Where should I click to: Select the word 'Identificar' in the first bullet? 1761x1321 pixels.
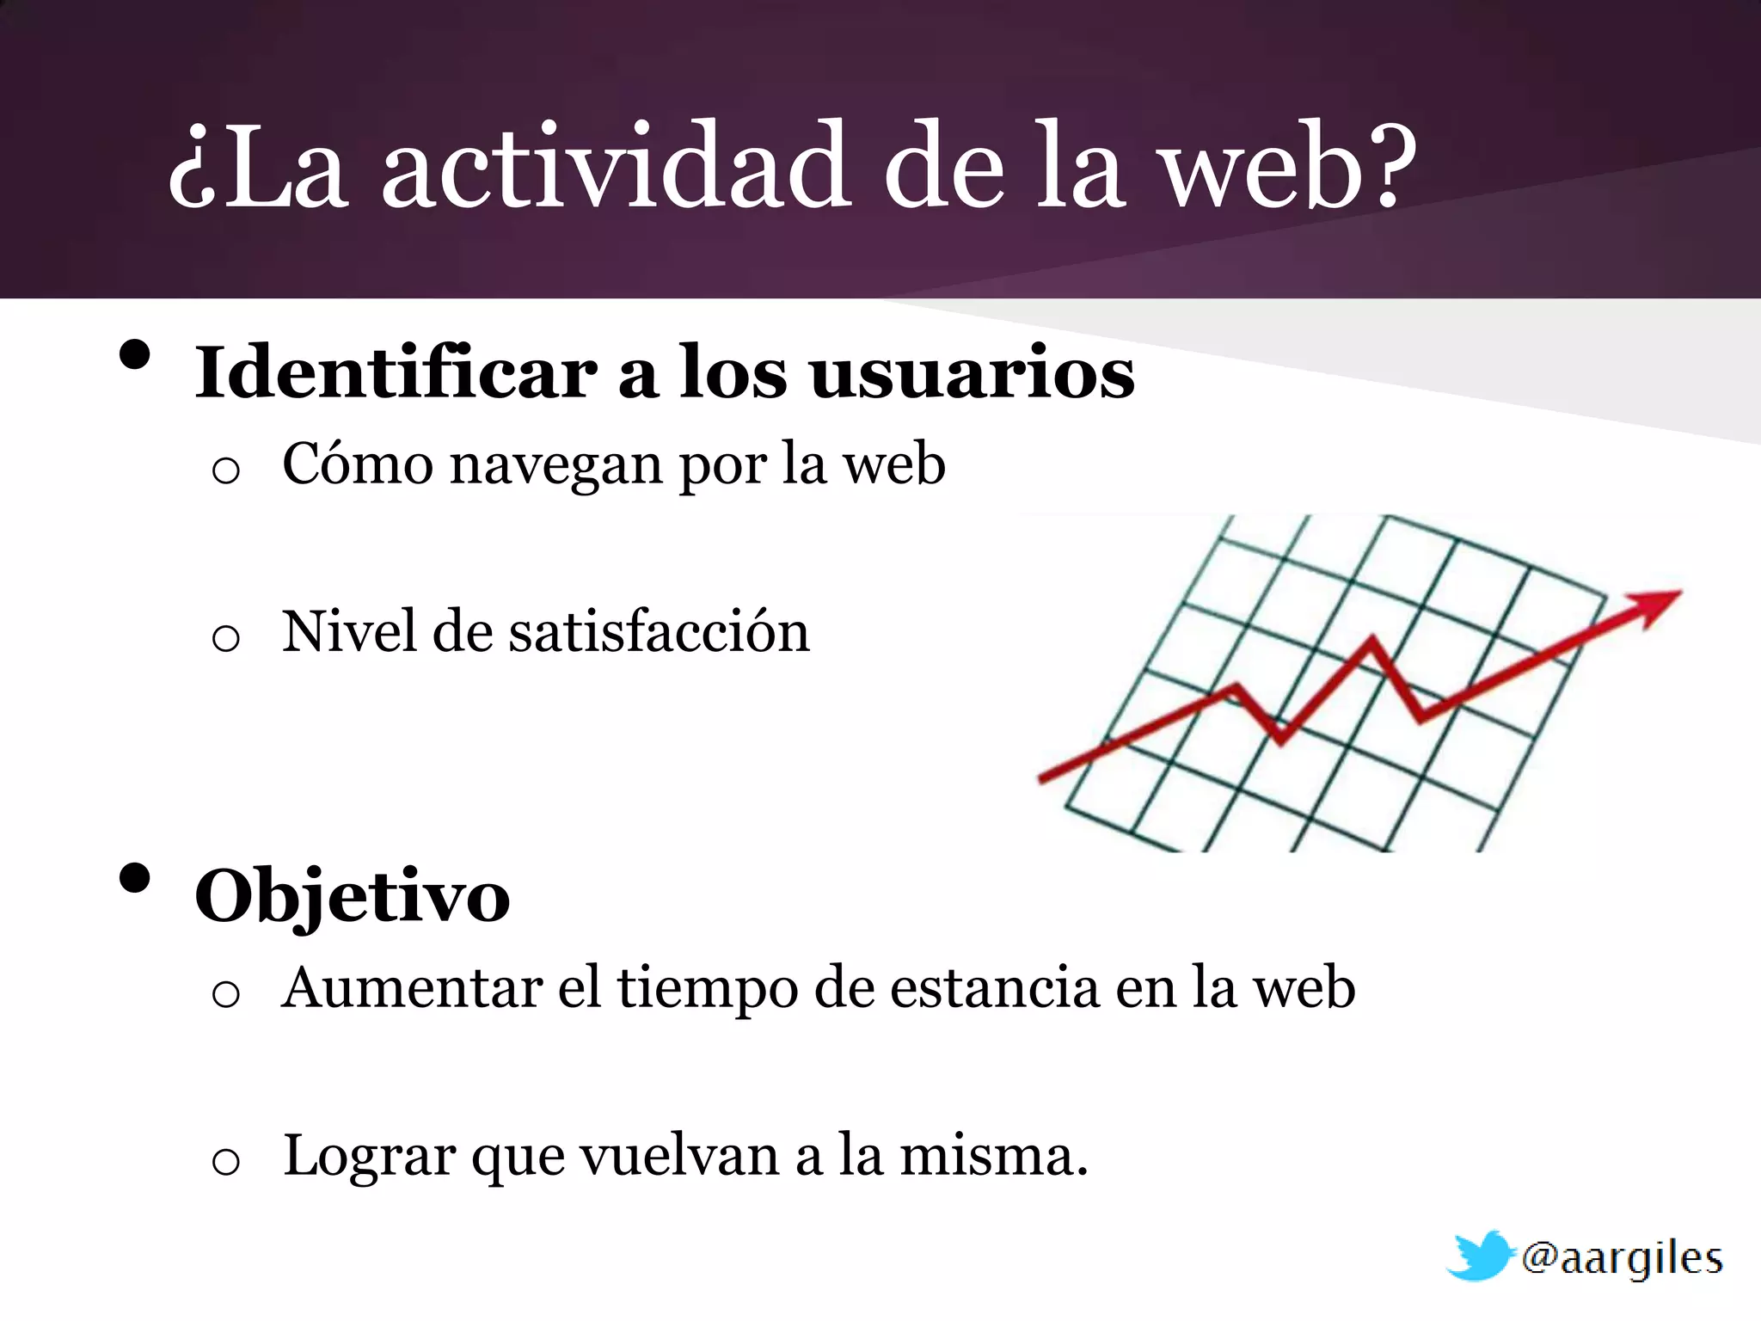point(396,373)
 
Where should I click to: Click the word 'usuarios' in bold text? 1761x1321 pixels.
point(973,375)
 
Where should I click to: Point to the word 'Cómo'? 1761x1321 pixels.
point(358,464)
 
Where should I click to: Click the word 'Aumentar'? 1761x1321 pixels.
point(412,987)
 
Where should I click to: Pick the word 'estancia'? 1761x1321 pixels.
point(994,987)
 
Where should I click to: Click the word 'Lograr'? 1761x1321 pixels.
point(370,1158)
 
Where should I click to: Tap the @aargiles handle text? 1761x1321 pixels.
point(1622,1259)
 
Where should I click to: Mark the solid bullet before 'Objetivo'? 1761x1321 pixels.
point(135,879)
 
